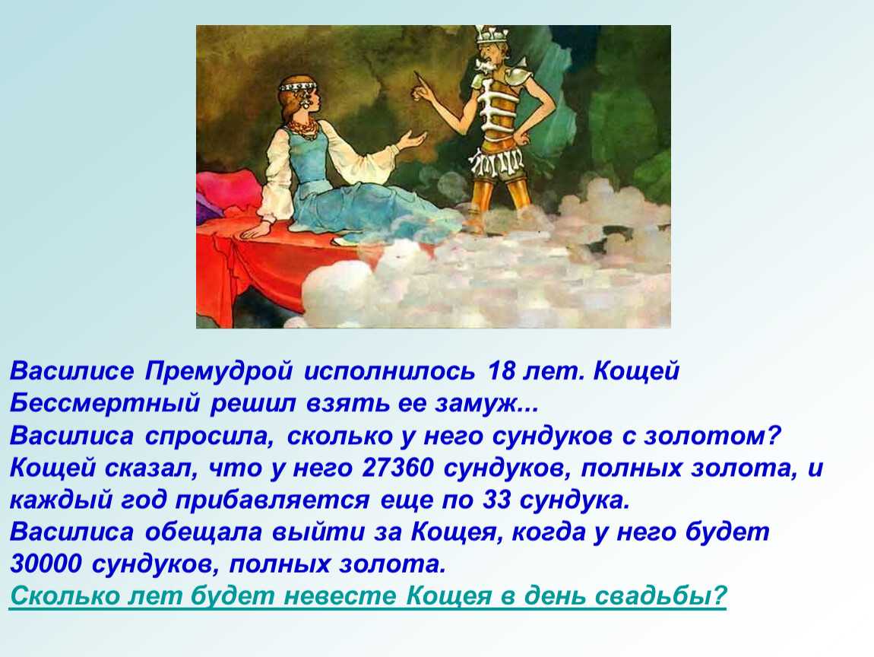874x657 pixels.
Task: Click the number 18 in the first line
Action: [x=500, y=371]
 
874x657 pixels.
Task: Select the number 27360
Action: [x=397, y=468]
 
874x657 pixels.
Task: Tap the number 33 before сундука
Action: [x=496, y=500]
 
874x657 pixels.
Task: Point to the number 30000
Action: [x=46, y=564]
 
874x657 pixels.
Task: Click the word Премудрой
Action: [x=219, y=372]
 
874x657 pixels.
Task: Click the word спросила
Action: [x=209, y=436]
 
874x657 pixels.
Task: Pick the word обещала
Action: [x=203, y=532]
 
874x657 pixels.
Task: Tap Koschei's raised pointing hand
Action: [x=421, y=88]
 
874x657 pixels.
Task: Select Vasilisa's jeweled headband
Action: [x=299, y=87]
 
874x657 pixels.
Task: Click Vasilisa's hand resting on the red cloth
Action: [x=258, y=227]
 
